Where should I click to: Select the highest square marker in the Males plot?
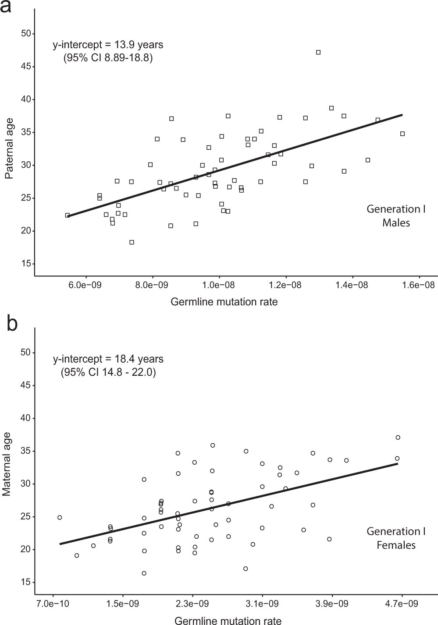tap(318, 52)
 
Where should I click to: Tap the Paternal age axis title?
tap(9, 148)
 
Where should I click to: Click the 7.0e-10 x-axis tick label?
tap(53, 604)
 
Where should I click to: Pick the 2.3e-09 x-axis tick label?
tap(192, 604)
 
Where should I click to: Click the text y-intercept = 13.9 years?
tap(108, 45)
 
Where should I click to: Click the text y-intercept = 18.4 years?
tap(108, 359)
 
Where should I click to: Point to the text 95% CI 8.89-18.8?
tap(108, 58)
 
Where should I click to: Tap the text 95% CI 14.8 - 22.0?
tap(108, 373)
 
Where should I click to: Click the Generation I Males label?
tap(396, 215)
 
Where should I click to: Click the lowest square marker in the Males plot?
tap(132, 242)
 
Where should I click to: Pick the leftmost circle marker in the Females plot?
tap(60, 517)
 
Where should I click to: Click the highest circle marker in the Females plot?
tap(398, 437)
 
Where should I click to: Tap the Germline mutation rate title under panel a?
tap(224, 302)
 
